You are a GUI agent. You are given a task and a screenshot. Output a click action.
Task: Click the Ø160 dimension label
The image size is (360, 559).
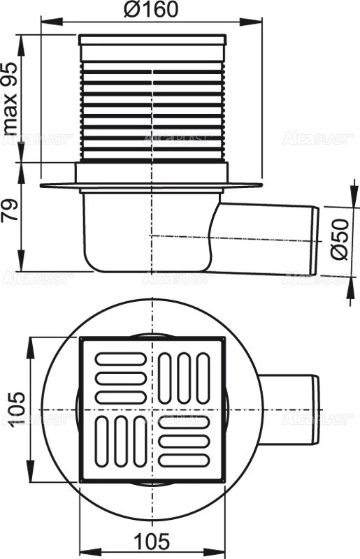[152, 9]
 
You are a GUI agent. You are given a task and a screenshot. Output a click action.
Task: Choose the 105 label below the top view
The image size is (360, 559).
[151, 540]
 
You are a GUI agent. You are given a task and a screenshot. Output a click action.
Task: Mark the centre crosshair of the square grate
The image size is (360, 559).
[152, 409]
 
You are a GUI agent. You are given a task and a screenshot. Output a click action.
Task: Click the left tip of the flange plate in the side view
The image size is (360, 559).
[41, 185]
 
